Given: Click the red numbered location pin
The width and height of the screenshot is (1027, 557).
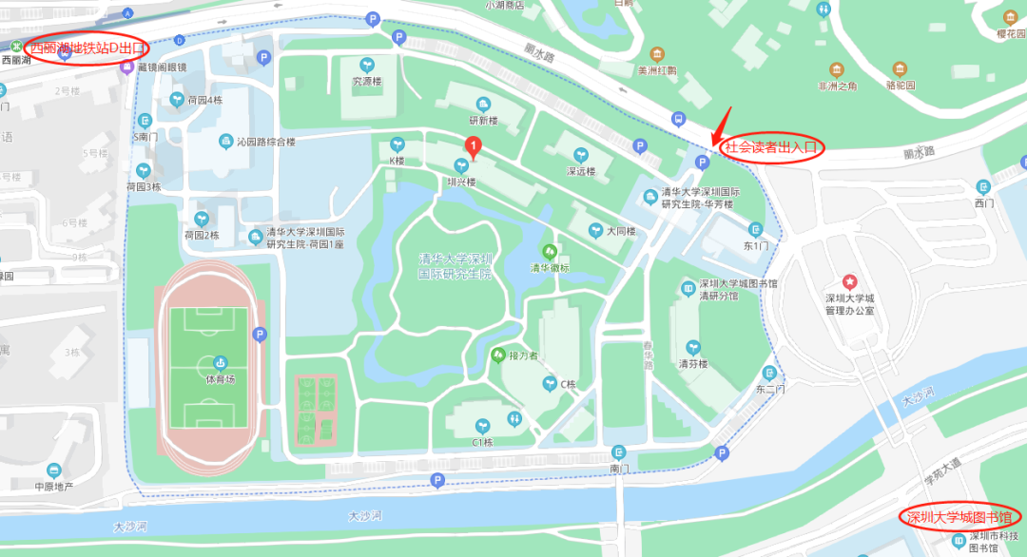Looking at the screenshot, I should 473,147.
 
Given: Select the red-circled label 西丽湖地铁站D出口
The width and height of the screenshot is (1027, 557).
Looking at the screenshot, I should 87,47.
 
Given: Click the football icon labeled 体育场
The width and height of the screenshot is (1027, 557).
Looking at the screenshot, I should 220,362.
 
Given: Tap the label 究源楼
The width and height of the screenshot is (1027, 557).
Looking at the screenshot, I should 366,81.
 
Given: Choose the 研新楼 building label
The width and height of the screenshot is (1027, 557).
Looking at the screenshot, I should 483,120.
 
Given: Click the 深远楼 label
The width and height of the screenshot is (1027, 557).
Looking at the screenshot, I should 580,171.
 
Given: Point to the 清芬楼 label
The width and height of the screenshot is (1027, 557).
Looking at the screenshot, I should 693,362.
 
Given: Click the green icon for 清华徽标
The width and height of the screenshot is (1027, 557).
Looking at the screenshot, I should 549,251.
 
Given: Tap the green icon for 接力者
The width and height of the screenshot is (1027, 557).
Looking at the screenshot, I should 497,355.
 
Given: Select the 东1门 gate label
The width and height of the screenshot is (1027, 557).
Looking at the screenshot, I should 755,245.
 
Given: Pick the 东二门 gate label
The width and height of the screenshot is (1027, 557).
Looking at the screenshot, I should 769,388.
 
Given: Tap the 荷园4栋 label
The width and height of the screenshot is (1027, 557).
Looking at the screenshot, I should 203,99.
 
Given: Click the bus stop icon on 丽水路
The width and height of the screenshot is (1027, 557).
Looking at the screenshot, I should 677,119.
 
